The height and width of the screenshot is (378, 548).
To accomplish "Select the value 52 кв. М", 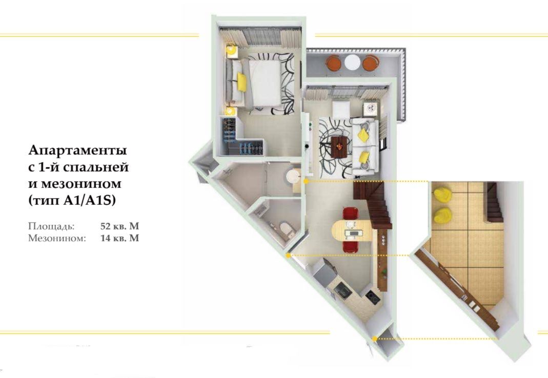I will point(120,225).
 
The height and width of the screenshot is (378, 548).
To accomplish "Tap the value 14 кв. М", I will point(120,238).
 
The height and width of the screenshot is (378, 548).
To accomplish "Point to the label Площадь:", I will point(51,225).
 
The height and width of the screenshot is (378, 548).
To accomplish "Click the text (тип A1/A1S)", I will point(72,201).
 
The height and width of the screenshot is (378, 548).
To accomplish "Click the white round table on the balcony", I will point(352,62).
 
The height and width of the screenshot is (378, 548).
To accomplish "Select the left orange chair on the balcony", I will point(334,62).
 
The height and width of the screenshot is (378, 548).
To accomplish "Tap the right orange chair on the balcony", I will point(370,62).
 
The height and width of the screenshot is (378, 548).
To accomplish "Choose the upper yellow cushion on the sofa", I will point(362,134).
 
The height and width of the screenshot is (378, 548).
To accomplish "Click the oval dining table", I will point(351,230).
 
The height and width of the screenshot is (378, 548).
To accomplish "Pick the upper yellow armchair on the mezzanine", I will point(442,195).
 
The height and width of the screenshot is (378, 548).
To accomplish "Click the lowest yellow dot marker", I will point(375,339).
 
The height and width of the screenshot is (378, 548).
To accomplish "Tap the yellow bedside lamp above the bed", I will point(232,50).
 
